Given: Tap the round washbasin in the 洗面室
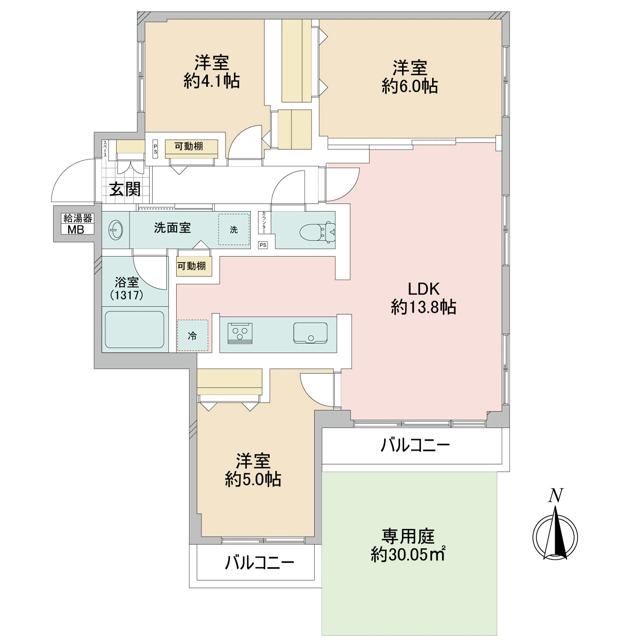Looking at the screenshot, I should [x=115, y=230].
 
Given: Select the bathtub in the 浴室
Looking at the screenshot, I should [x=134, y=329].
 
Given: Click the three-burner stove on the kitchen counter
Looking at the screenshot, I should [x=240, y=333].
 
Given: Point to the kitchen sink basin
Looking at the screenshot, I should [x=310, y=333].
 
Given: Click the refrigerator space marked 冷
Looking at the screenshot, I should [x=192, y=336].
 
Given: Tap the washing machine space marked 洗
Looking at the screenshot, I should [x=234, y=230].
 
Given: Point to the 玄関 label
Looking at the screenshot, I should [x=125, y=189].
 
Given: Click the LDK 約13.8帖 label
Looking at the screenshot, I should [x=424, y=298].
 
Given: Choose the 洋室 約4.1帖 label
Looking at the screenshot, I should [x=211, y=72].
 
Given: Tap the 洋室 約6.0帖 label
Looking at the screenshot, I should [x=410, y=77].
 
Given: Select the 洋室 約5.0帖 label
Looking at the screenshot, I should [x=253, y=470].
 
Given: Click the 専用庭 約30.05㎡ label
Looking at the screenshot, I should [x=408, y=545].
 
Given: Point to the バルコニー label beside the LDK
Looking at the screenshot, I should [x=415, y=445].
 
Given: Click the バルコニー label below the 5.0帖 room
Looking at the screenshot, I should [x=259, y=562].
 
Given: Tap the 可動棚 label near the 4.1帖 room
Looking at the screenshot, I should [x=189, y=147].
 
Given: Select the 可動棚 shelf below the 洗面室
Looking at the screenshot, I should [x=192, y=266].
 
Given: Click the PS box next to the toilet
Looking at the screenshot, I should [x=263, y=245].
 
